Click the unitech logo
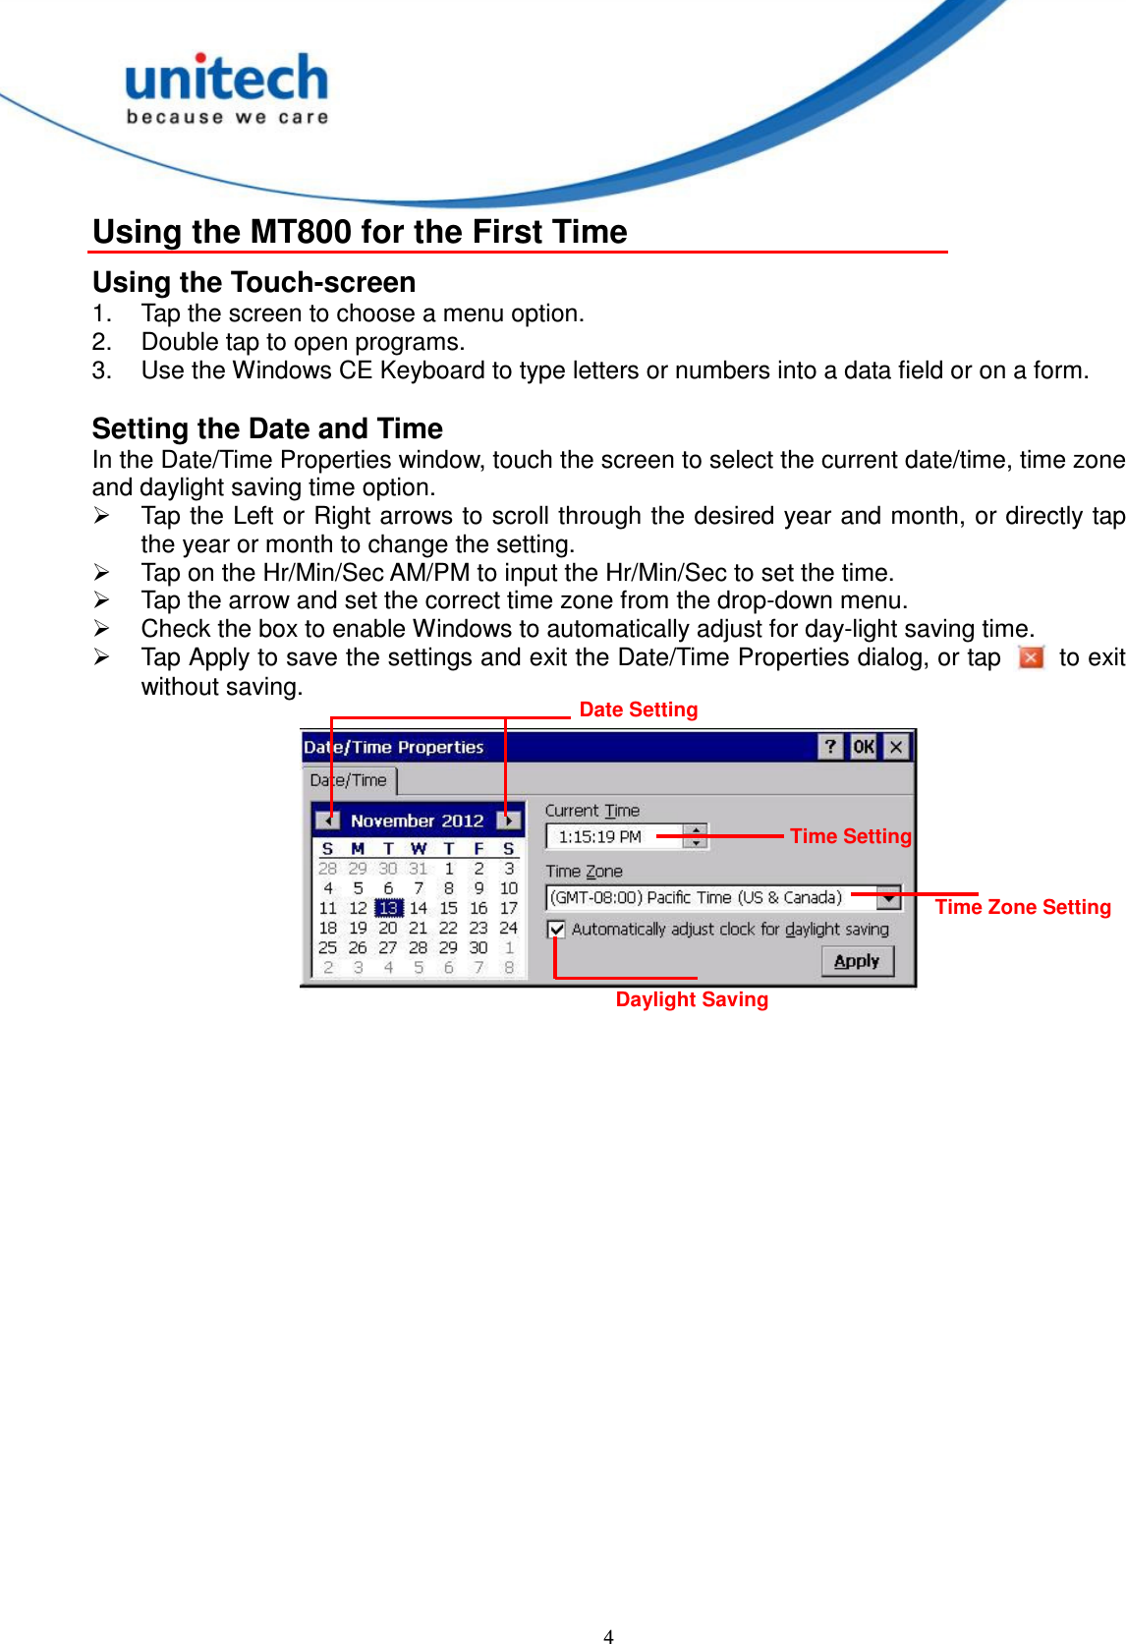(227, 88)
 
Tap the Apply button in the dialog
(857, 961)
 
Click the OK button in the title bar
(864, 747)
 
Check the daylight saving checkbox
(557, 929)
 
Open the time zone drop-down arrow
(889, 897)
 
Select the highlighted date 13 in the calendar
(388, 908)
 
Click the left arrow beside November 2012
(328, 821)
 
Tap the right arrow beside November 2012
(509, 821)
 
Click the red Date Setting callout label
(639, 709)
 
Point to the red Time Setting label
(851, 836)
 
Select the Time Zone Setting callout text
(1023, 907)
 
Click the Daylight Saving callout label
(692, 999)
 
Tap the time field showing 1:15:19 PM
(614, 836)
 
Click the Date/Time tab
(349, 780)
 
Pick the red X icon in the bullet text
(1031, 657)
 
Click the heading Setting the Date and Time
(267, 428)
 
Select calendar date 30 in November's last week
(479, 947)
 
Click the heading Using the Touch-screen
(253, 282)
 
